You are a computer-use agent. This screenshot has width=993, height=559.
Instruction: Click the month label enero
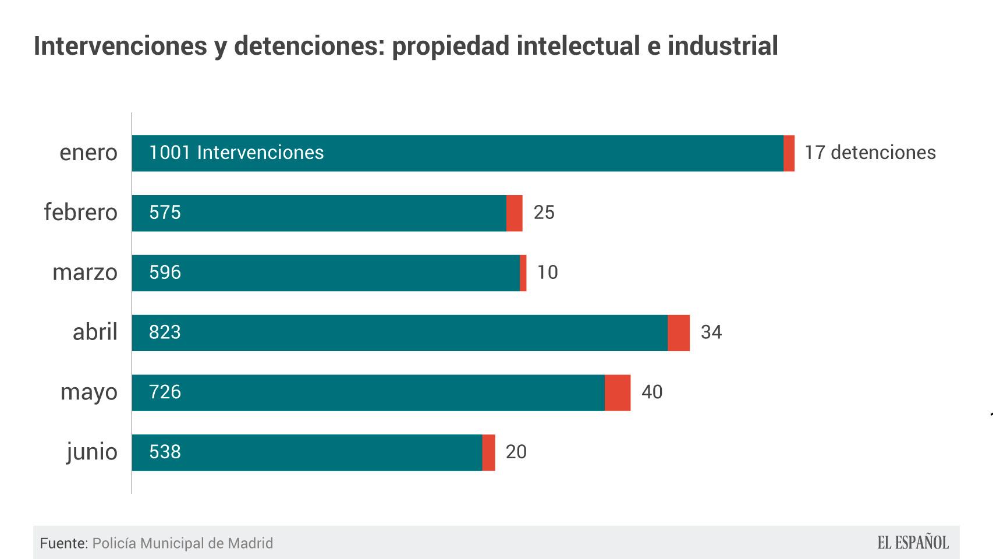tap(88, 153)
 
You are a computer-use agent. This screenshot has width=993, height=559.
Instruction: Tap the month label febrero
tap(81, 213)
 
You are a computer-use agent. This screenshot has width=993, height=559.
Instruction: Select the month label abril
tap(95, 332)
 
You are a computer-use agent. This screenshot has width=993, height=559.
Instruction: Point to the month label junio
tap(92, 452)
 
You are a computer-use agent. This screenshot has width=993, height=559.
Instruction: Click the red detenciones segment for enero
tap(789, 153)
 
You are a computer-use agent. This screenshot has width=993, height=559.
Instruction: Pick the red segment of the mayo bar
tap(618, 393)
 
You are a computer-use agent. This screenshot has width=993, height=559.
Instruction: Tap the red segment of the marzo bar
tap(523, 273)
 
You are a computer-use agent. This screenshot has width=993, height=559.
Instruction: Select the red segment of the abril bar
tap(679, 333)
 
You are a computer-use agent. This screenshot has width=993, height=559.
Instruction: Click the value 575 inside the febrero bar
tap(165, 213)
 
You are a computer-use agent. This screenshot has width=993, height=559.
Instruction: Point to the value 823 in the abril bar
tap(165, 332)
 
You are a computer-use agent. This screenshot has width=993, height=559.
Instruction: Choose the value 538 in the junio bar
tap(165, 452)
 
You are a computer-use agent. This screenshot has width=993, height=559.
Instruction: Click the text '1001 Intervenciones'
tap(236, 153)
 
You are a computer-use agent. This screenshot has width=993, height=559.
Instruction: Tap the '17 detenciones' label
tap(870, 153)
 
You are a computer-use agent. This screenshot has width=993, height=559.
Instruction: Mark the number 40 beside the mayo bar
tap(652, 392)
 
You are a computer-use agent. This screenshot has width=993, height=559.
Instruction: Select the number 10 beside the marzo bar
tap(547, 273)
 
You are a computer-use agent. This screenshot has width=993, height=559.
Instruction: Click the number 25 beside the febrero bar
tap(544, 213)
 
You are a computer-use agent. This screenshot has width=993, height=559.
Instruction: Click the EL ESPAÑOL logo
tap(913, 543)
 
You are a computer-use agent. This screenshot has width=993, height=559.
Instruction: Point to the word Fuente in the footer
tap(63, 543)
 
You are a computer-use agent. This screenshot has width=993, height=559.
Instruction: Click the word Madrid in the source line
tap(250, 543)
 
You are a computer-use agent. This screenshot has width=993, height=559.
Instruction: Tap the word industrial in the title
tap(722, 46)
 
